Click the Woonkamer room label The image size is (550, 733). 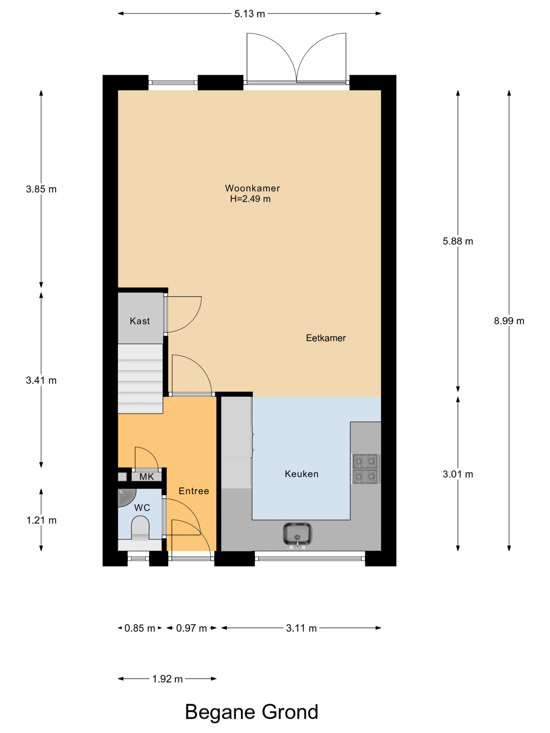pyautogui.click(x=252, y=188)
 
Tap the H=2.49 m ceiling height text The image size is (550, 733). pyautogui.click(x=250, y=199)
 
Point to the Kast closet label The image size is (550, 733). pyautogui.click(x=140, y=321)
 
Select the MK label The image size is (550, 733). pyautogui.click(x=147, y=477)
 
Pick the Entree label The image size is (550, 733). pyautogui.click(x=194, y=491)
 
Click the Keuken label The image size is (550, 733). pyautogui.click(x=301, y=474)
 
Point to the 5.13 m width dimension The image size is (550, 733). pyautogui.click(x=250, y=13)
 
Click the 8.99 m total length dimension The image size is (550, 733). pyautogui.click(x=509, y=321)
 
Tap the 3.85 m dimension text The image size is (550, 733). pyautogui.click(x=41, y=189)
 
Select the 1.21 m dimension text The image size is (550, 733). pyautogui.click(x=41, y=520)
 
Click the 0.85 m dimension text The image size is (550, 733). pyautogui.click(x=140, y=628)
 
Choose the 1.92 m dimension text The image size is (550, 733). pyautogui.click(x=167, y=679)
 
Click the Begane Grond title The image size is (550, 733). pyautogui.click(x=252, y=712)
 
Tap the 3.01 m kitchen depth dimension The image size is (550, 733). pyautogui.click(x=458, y=474)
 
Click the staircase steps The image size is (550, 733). pyautogui.click(x=141, y=379)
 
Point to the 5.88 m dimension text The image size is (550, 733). pyautogui.click(x=458, y=241)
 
